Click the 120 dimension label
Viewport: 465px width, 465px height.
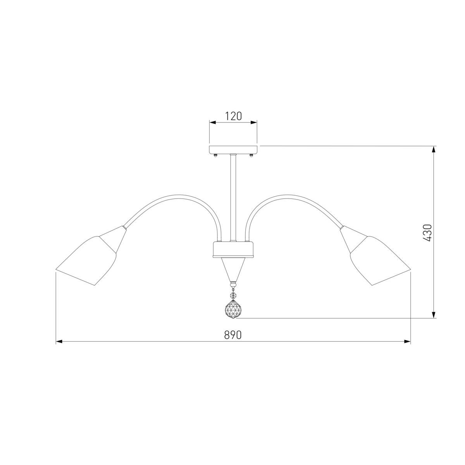pyautogui.click(x=233, y=116)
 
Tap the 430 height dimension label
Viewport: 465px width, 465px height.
pyautogui.click(x=427, y=233)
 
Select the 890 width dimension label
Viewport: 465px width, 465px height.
pyautogui.click(x=233, y=335)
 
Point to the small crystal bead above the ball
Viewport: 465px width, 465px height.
pyautogui.click(x=233, y=295)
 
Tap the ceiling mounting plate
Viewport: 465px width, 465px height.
pyautogui.click(x=233, y=150)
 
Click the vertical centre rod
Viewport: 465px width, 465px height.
pyautogui.click(x=233, y=198)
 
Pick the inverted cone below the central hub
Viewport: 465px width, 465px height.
pyautogui.click(x=233, y=270)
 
